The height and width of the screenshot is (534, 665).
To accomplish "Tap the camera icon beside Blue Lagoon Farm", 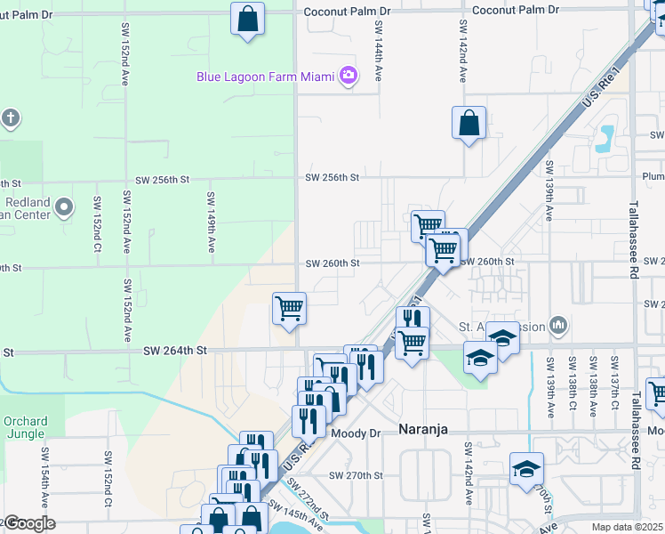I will (x=349, y=76).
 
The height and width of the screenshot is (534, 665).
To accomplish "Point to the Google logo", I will (x=28, y=523).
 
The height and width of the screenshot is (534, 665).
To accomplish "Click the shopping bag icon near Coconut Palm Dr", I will (x=247, y=18).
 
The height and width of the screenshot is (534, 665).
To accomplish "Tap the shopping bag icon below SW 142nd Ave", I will (x=468, y=123).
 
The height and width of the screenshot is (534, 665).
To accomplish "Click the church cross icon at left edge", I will (x=10, y=118).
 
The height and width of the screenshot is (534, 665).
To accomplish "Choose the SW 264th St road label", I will (x=174, y=352).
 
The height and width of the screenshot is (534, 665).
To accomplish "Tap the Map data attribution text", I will (x=627, y=527).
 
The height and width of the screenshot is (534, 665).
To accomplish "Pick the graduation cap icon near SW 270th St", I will (x=526, y=467).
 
